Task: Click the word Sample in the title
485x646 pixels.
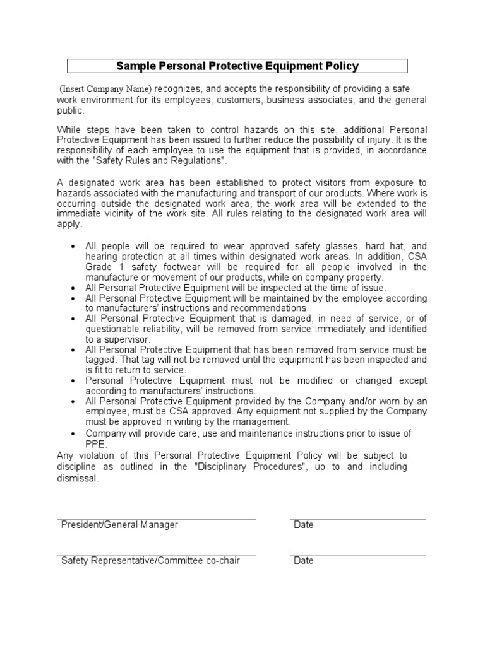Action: click(135, 66)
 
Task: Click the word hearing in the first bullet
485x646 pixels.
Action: click(102, 256)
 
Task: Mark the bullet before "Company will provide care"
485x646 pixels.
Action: click(75, 433)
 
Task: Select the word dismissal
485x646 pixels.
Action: click(77, 479)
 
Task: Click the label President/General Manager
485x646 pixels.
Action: click(119, 525)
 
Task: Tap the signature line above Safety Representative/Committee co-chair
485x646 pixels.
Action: click(157, 555)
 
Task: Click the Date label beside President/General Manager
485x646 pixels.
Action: click(304, 525)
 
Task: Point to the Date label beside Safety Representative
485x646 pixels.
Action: click(304, 561)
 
